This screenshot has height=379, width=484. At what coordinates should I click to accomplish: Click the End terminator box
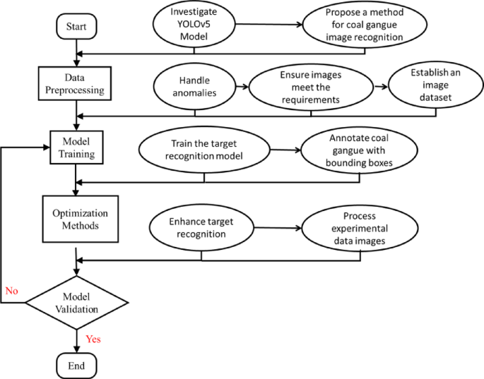tap(76, 366)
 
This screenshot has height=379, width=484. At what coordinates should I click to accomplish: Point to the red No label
tap(12, 291)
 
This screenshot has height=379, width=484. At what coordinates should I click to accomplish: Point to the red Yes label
tap(93, 339)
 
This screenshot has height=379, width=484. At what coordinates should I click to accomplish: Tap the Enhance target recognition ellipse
tap(201, 228)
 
